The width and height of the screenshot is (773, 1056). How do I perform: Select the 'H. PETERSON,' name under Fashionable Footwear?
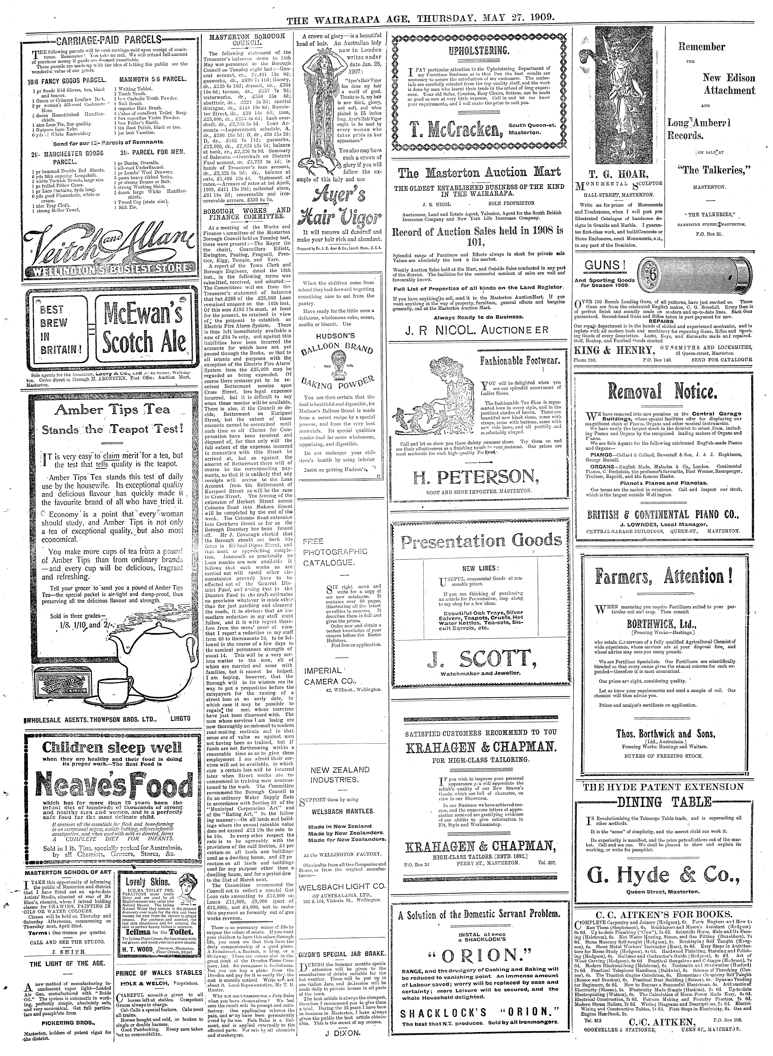coord(473,478)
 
